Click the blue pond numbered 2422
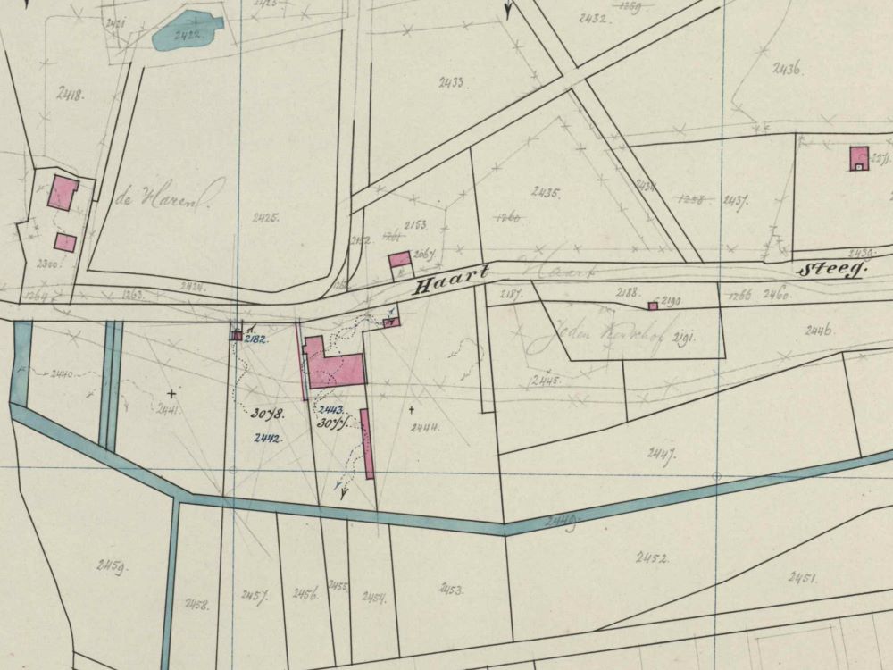(x=186, y=31)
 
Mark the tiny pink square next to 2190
(x=652, y=306)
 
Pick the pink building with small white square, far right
(x=858, y=157)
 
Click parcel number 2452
(x=652, y=558)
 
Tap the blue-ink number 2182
(x=256, y=339)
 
